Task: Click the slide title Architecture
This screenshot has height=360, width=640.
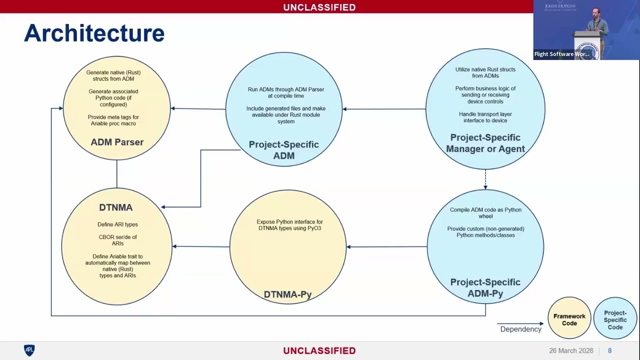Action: tap(94, 33)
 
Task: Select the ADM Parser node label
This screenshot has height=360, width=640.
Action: tap(117, 142)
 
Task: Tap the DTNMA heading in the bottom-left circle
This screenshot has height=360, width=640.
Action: tap(115, 207)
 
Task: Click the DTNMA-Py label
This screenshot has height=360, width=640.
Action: tap(287, 294)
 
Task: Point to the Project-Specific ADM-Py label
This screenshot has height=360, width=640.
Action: tap(485, 287)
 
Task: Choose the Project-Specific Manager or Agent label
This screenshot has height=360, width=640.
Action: tap(485, 143)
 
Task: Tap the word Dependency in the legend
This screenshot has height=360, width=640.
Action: tap(520, 329)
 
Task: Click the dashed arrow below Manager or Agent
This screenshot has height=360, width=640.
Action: tap(485, 179)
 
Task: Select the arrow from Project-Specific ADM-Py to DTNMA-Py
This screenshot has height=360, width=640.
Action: tap(387, 246)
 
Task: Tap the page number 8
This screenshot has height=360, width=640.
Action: tap(609, 350)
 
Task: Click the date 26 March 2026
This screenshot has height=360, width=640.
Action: tap(571, 350)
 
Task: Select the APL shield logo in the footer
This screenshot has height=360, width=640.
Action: tap(29, 350)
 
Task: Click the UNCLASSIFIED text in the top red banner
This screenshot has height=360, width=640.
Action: tap(319, 7)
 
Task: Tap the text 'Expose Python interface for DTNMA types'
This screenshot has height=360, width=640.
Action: tap(289, 225)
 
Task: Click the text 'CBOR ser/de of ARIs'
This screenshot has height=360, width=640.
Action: tap(117, 240)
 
